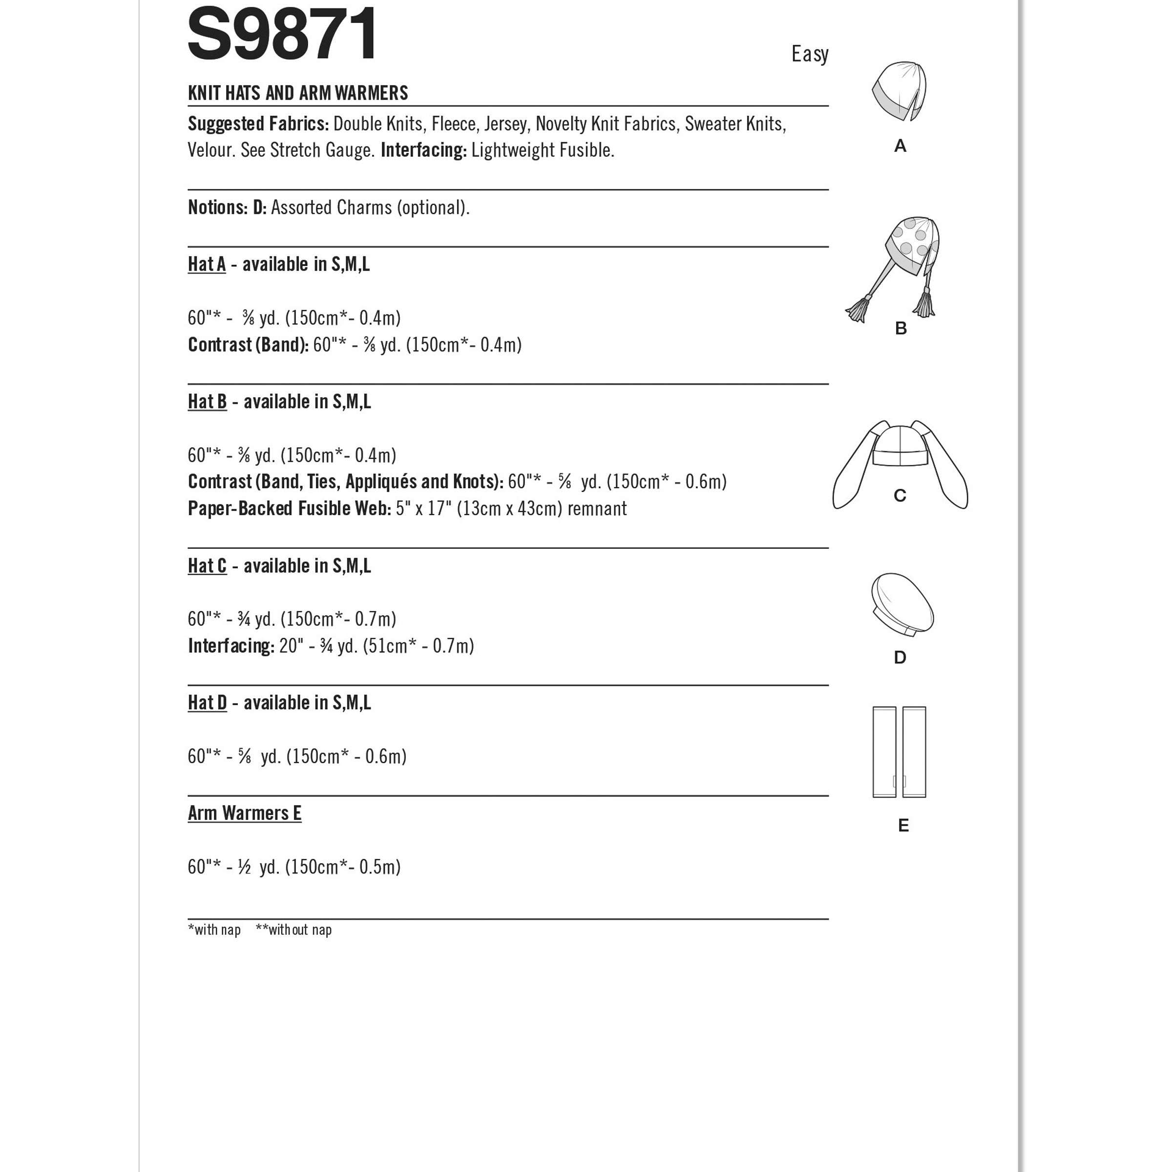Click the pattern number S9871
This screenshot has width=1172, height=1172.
[283, 35]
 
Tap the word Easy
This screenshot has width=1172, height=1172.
[809, 54]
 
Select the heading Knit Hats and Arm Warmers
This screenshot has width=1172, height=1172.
[298, 93]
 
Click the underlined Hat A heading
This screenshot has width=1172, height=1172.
[206, 265]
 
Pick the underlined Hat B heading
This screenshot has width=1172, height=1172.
[207, 401]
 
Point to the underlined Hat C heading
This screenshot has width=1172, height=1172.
[207, 566]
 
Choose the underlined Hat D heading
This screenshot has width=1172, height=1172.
[207, 703]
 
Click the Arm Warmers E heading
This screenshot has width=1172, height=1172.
[245, 813]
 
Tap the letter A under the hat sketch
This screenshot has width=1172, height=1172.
[900, 146]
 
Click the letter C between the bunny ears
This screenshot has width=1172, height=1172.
[900, 496]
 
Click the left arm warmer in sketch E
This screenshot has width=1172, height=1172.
[884, 752]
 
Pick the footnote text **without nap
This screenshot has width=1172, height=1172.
[293, 930]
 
